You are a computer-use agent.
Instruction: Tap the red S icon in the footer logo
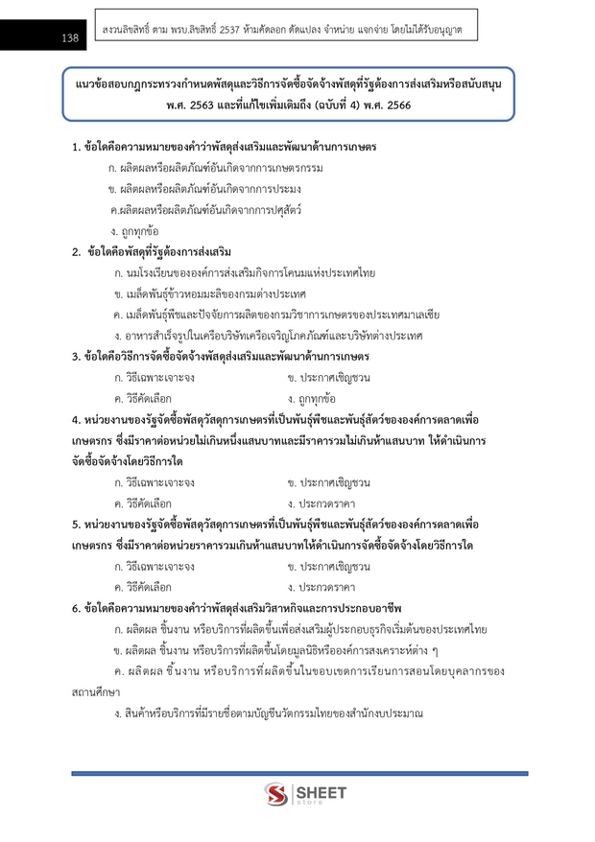(x=277, y=796)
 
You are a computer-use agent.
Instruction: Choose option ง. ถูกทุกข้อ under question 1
(x=134, y=231)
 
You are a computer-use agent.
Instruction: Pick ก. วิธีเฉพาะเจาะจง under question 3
(x=155, y=377)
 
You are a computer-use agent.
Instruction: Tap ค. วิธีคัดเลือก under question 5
(x=144, y=587)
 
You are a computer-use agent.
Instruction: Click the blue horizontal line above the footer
(x=298, y=772)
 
